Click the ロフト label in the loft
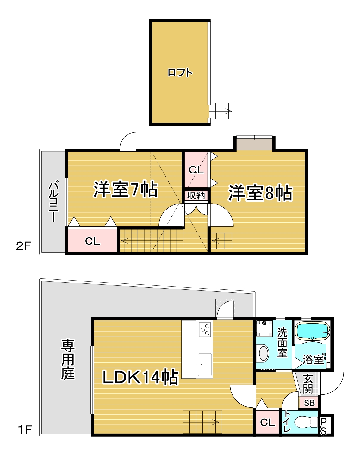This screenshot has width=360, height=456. [x=180, y=73]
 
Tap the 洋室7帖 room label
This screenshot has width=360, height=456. [x=126, y=189]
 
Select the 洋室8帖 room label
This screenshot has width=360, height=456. [x=260, y=193]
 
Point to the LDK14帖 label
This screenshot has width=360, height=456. [x=140, y=377]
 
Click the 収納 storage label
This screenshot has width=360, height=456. [x=196, y=195]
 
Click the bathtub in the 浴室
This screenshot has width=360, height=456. [x=313, y=331]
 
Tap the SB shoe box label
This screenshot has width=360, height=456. [x=309, y=403]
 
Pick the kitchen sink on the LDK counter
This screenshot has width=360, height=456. [x=205, y=364]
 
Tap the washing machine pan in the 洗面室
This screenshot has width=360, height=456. [x=264, y=328]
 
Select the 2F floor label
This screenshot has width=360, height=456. [x=23, y=246]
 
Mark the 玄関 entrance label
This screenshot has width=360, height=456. [x=307, y=384]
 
